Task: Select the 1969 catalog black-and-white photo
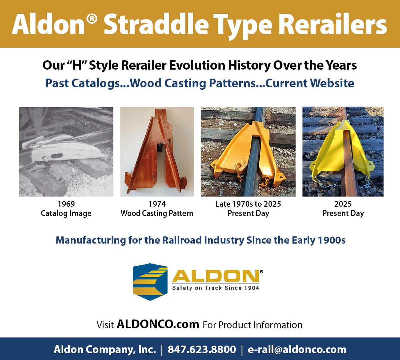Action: coord(66,152)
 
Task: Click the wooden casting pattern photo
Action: coord(157,152)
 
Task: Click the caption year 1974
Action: coord(157,204)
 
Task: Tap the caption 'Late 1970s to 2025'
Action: coord(248,204)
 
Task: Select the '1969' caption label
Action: coord(66,204)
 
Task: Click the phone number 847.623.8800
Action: coord(202,349)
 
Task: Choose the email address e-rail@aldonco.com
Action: coord(297,349)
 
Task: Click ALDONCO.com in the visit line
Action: coord(158,324)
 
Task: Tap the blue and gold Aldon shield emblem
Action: coord(150,282)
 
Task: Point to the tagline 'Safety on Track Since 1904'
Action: coord(215,288)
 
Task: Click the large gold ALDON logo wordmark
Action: coord(215,276)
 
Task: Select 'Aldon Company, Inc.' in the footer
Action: coord(105,349)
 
